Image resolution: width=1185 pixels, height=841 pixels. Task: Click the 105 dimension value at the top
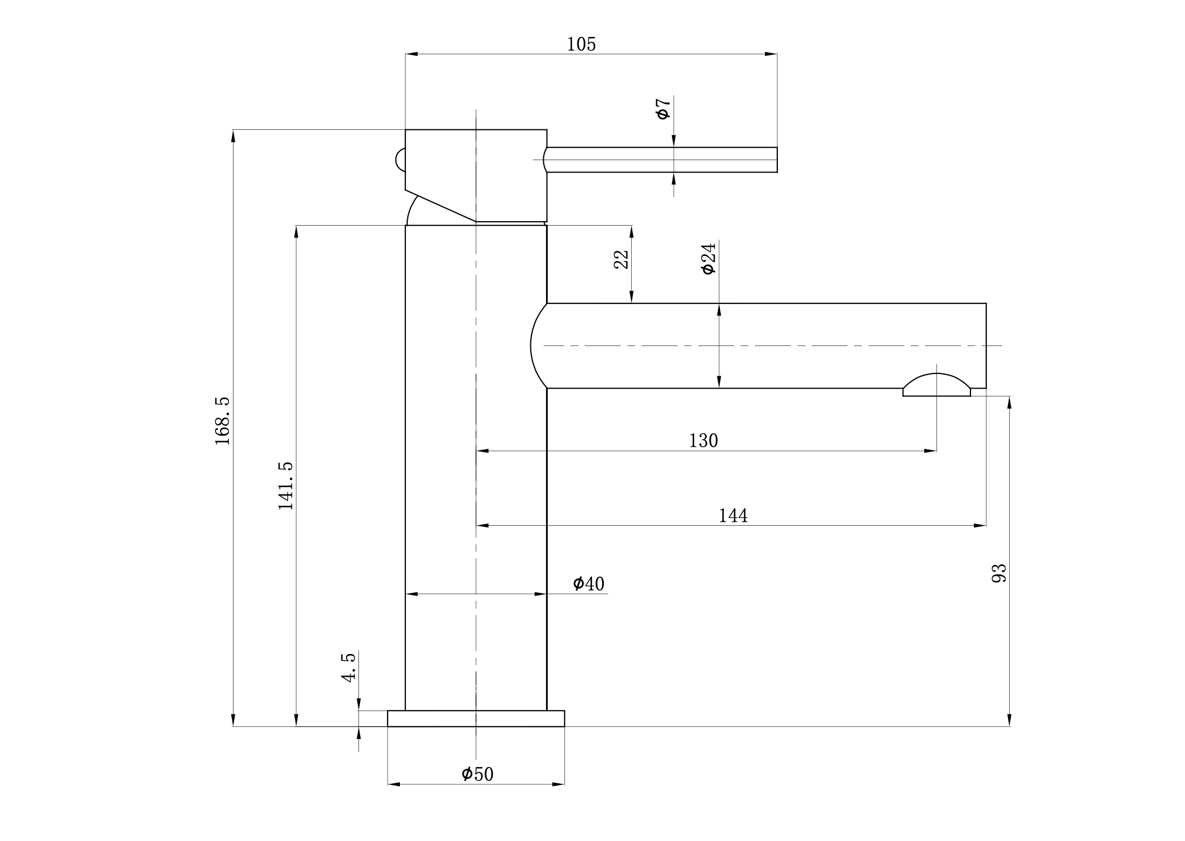581,44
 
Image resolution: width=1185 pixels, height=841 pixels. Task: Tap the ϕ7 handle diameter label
663,109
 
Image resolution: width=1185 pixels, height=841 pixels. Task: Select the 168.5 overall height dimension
222,421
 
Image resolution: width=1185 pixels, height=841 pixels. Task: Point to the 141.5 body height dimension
286,485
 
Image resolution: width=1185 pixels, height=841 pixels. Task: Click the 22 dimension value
622,259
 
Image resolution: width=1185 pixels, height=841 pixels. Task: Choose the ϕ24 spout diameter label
708,259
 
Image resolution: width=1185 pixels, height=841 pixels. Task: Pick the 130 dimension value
703,441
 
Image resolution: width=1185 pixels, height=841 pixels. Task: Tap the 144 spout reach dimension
733,515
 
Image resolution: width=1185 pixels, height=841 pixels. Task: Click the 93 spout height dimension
999,573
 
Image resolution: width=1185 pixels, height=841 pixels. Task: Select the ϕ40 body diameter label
589,583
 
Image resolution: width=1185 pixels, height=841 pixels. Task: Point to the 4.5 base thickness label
348,667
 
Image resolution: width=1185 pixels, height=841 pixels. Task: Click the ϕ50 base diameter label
478,774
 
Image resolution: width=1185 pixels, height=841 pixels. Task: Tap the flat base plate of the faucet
476,718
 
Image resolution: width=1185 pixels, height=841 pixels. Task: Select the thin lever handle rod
661,160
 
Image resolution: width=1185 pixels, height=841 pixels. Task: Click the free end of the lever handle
777,160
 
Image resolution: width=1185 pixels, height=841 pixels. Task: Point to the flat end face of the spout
986,345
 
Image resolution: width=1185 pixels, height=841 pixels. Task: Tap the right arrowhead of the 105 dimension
771,54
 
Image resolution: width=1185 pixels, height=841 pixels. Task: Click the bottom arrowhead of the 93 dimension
1009,720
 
